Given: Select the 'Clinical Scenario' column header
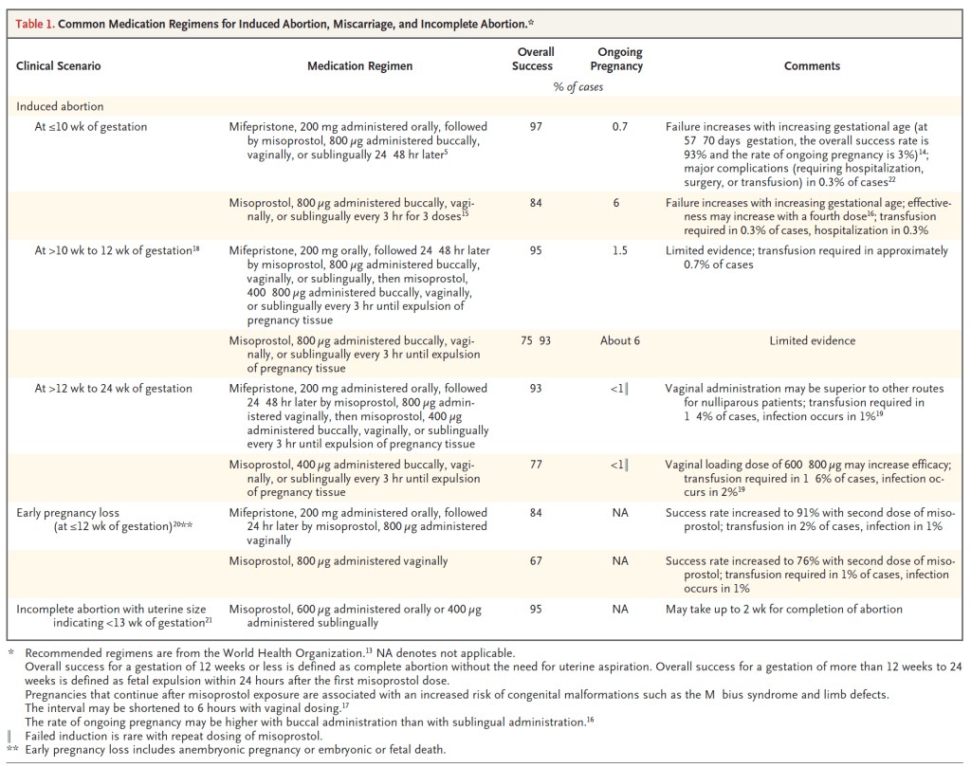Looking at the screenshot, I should (58, 66).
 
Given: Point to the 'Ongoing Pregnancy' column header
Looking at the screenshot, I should (620, 59).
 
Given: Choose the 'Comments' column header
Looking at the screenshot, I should (812, 66).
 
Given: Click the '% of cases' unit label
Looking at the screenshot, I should (578, 87).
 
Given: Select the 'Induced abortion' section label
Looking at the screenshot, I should (60, 107).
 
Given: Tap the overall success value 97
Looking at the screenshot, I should (536, 126).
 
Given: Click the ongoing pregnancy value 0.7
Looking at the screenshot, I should (620, 126).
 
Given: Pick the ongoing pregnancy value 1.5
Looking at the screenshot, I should (620, 251).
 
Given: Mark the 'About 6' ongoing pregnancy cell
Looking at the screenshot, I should (620, 341).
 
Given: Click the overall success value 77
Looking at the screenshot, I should (536, 465).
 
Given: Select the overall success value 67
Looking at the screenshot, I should (536, 561).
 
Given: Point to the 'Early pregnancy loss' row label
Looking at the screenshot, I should (68, 513).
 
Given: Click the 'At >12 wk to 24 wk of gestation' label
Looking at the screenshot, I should (113, 389).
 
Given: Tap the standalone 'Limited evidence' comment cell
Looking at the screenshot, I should (812, 341).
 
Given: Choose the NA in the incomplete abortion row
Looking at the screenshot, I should (620, 610).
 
